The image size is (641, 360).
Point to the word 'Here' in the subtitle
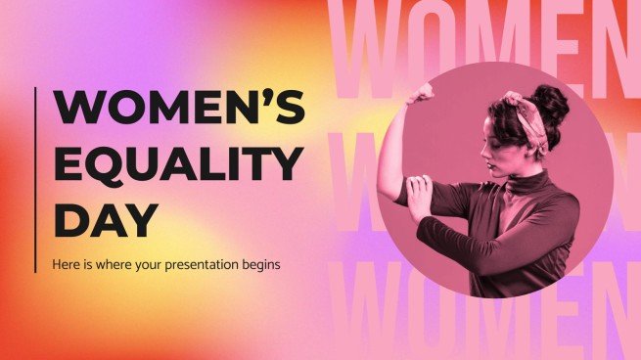click(x=65, y=265)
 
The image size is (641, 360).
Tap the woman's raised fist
click(x=423, y=92)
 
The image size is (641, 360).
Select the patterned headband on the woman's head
click(x=520, y=107)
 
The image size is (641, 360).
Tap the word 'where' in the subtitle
click(x=111, y=265)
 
